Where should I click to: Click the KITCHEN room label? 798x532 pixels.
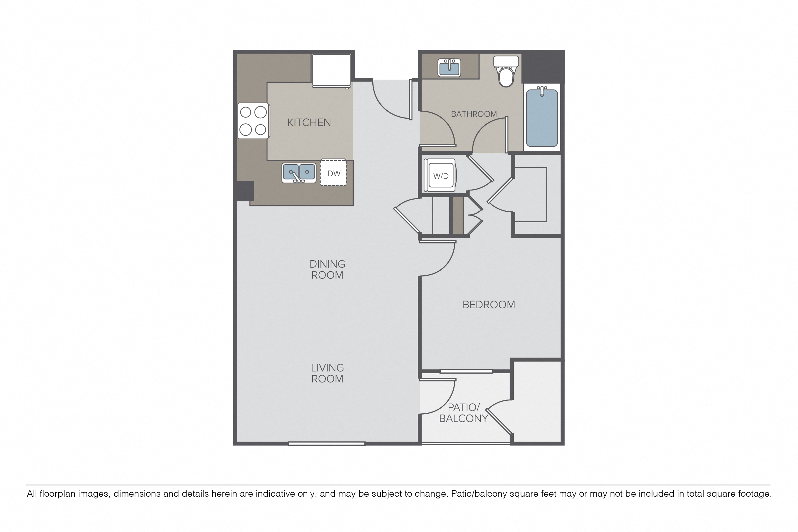click(x=309, y=122)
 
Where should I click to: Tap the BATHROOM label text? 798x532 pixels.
click(x=474, y=114)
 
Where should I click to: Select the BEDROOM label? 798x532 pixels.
click(x=489, y=305)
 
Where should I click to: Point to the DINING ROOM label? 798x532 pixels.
click(x=327, y=269)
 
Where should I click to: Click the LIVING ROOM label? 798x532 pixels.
click(x=327, y=373)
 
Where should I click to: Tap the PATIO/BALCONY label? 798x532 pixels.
click(x=464, y=413)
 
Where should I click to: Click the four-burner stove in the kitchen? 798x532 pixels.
click(x=254, y=121)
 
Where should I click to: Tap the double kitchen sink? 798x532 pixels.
click(x=299, y=173)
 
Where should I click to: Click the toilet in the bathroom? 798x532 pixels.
click(x=506, y=71)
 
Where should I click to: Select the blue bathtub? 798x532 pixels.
click(x=542, y=117)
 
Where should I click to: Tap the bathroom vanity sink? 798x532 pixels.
click(x=449, y=67)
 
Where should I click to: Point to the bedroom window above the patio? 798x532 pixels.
click(x=466, y=372)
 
